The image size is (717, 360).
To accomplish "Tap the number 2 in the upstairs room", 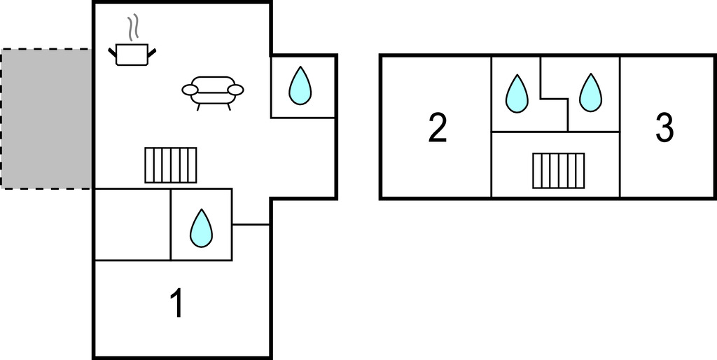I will coord(438,129).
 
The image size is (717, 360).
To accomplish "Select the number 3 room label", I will coord(664,128).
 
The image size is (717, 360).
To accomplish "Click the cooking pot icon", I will coord(132,55).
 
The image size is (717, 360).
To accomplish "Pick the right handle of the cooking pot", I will coord(152,50).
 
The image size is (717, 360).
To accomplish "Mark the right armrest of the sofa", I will coord(236,90).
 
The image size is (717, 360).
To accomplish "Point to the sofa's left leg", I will coord(200,106).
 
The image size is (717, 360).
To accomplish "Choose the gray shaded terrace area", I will coord(46,118).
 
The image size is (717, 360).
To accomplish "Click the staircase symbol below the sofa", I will coord(171,165).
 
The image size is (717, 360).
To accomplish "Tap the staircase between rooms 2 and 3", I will coord(558,171).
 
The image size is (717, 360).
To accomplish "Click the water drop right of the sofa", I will coord(300,85).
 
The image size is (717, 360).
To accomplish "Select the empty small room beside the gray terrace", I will coord(133,225).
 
